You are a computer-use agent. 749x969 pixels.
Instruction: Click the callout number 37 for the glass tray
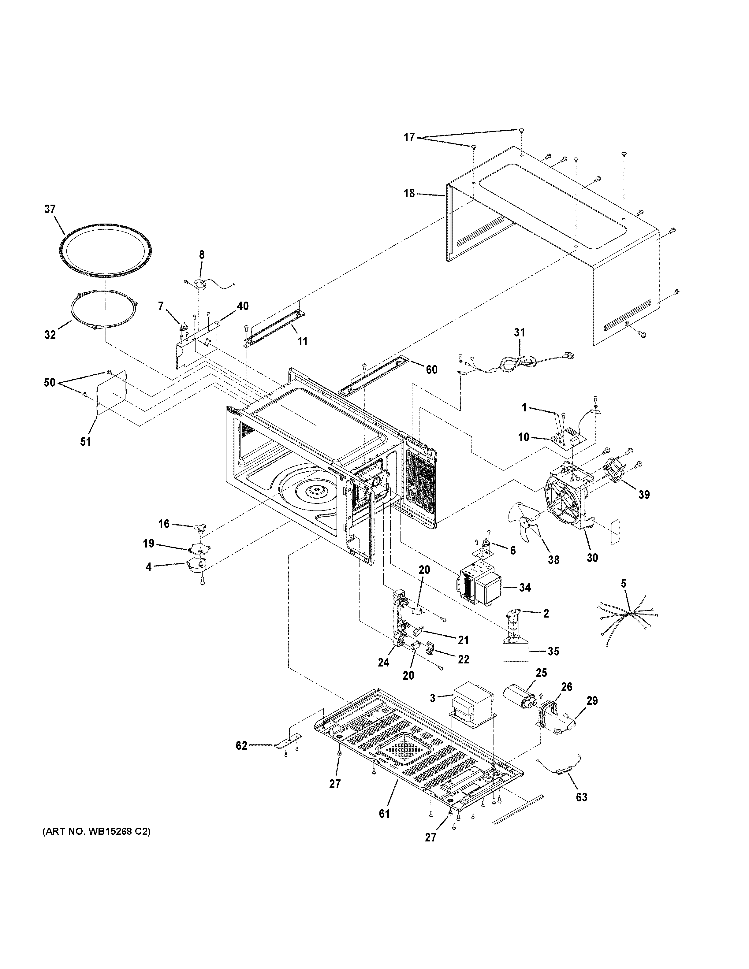click(x=50, y=209)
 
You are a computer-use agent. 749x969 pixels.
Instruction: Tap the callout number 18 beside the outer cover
click(x=409, y=193)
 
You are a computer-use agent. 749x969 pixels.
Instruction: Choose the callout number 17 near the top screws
click(x=409, y=138)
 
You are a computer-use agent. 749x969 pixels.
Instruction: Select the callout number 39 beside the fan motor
click(x=644, y=494)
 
